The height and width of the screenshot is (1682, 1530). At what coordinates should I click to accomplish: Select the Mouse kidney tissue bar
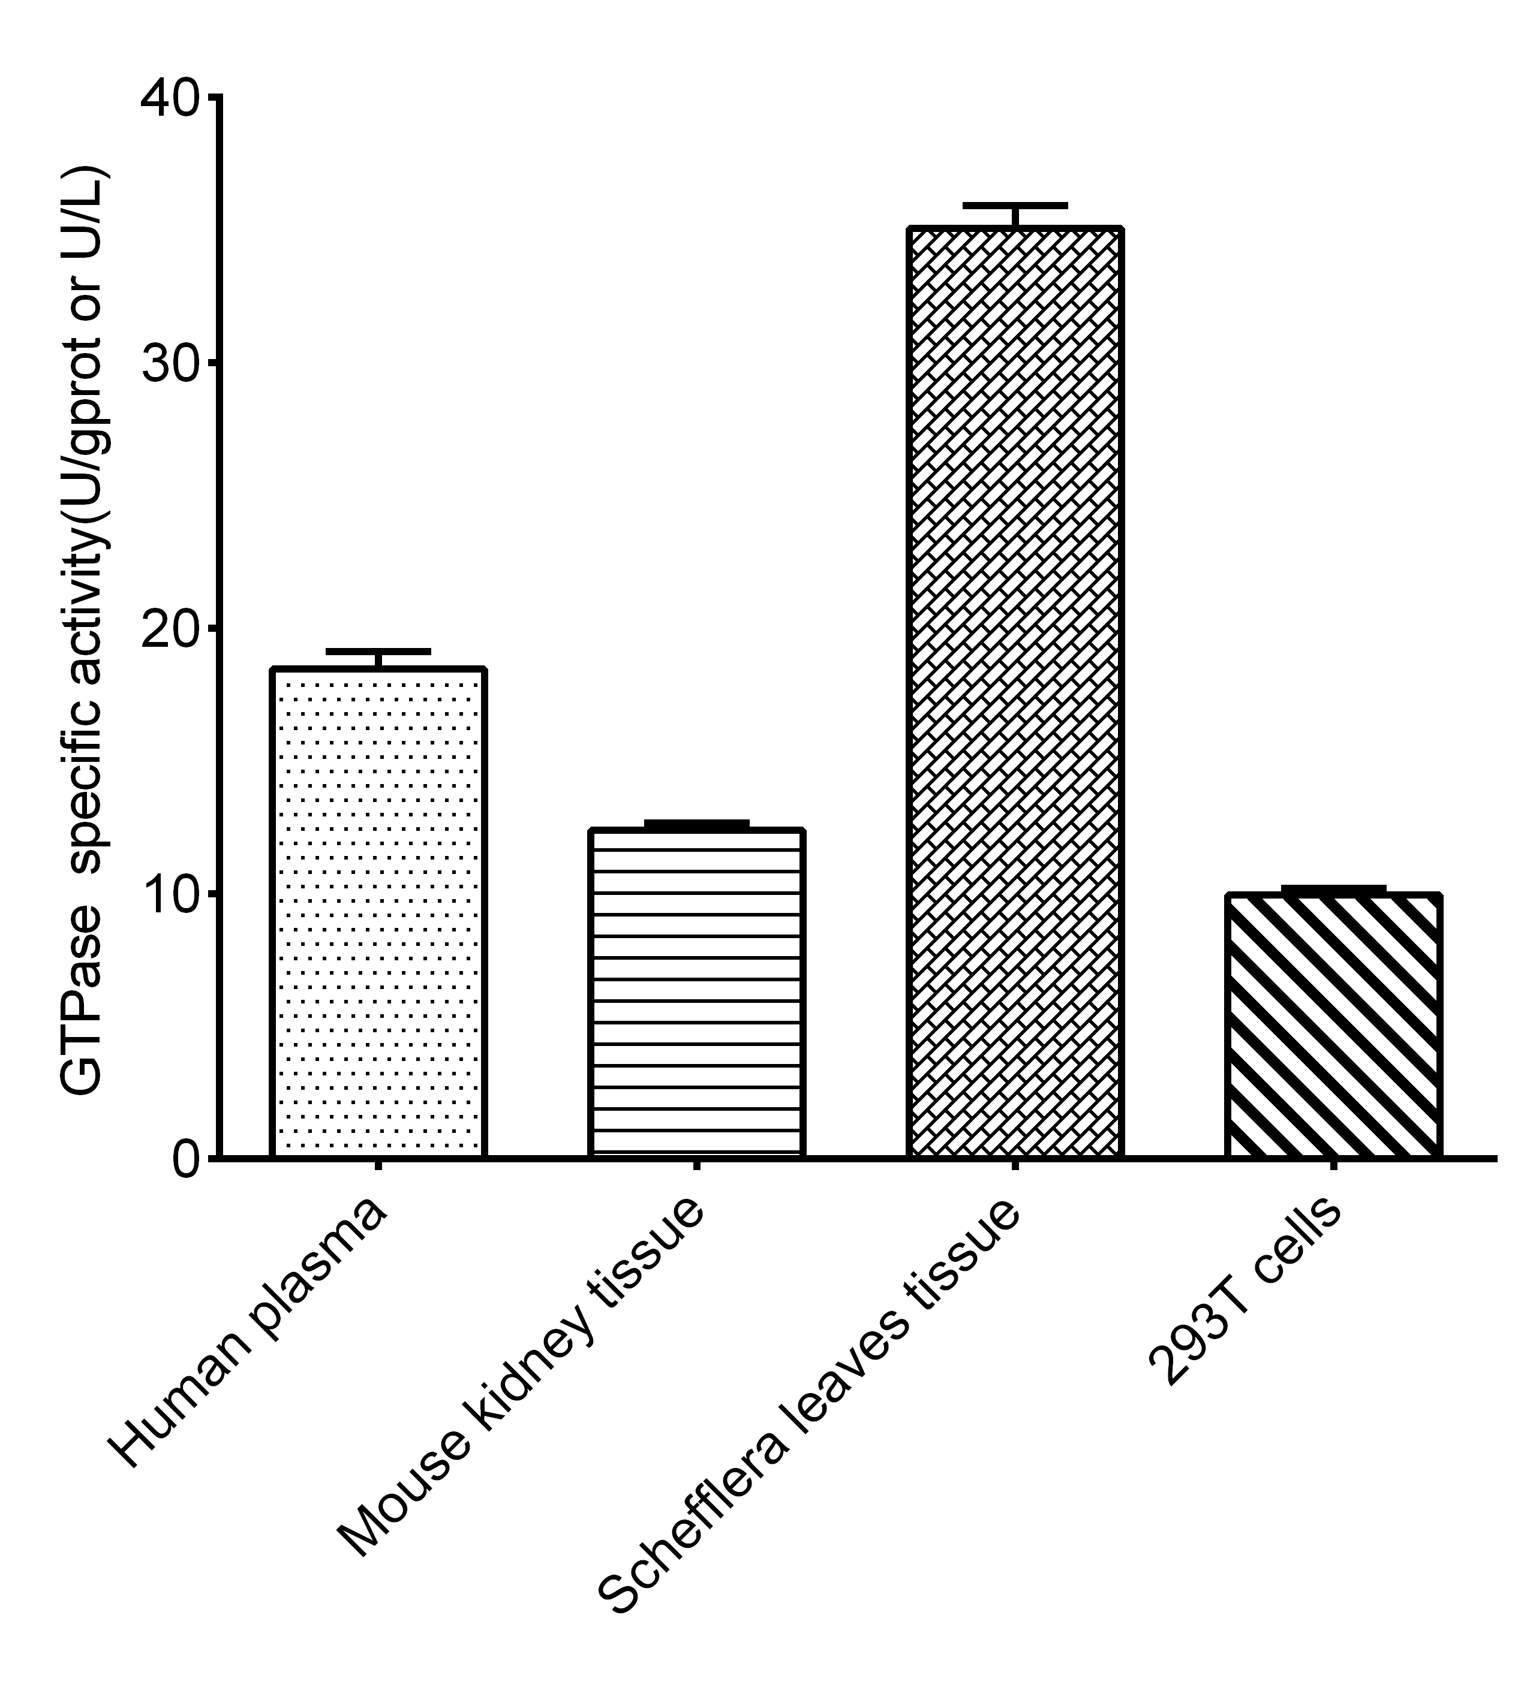coord(696,993)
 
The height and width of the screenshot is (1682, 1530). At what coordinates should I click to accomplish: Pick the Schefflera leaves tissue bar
coord(1015,692)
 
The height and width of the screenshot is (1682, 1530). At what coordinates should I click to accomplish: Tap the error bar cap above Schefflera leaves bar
coord(1015,205)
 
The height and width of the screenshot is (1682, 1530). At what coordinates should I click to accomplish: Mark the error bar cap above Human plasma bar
coord(378,651)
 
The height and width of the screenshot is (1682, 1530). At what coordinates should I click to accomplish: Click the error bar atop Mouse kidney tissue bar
coord(696,824)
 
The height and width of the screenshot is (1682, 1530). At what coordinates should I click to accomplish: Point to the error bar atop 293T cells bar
coord(1333,888)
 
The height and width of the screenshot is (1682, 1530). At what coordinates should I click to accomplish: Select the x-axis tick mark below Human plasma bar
coord(378,1165)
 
